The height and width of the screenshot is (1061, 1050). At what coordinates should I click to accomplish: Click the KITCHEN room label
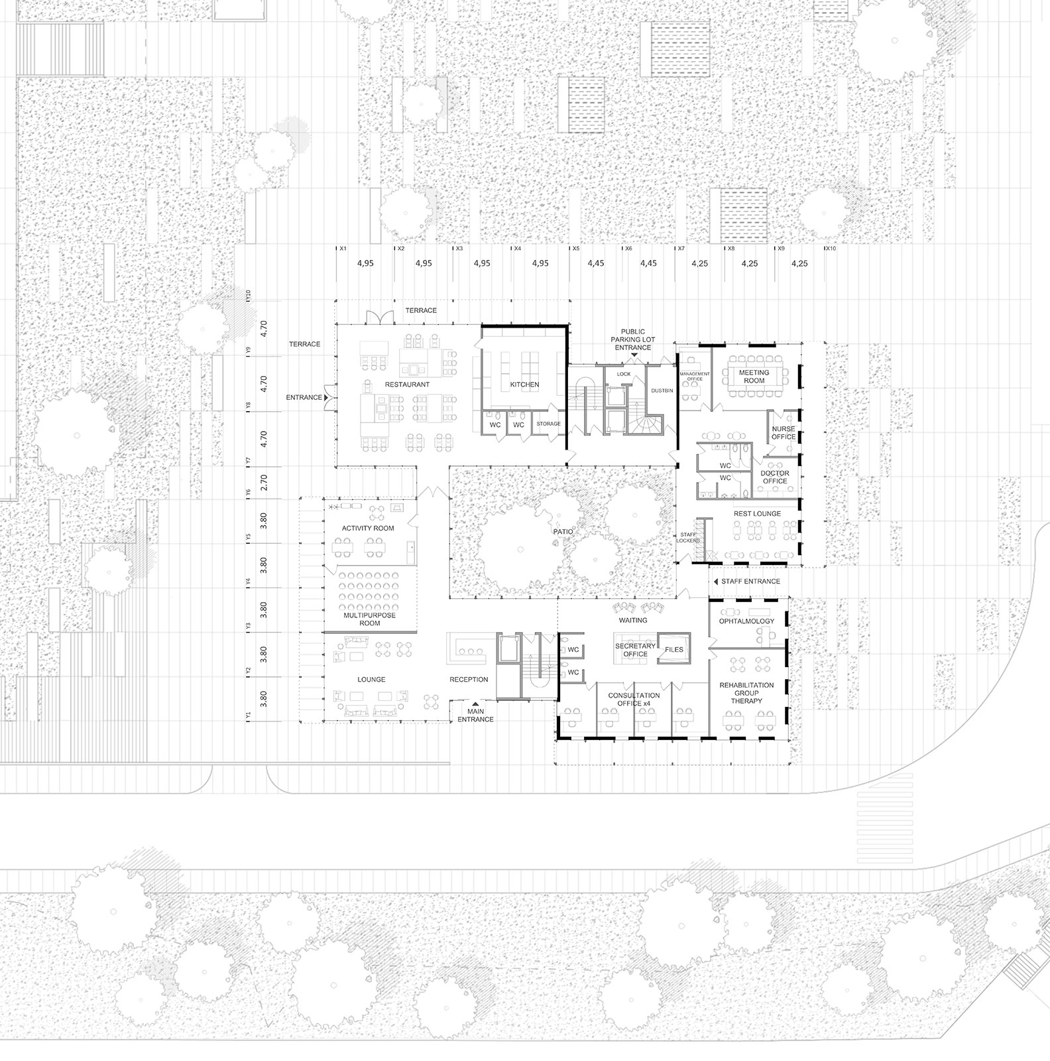(524, 385)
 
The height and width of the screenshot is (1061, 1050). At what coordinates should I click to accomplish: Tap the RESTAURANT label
(407, 385)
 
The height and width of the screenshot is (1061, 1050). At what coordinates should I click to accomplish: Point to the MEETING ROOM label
(754, 377)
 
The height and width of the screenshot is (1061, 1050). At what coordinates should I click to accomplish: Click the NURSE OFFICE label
(783, 433)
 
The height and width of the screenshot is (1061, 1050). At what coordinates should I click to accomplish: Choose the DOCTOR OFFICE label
(774, 477)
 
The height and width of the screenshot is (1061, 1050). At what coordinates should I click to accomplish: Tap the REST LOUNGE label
(757, 514)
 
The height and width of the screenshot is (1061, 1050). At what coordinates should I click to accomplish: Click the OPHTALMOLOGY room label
(746, 621)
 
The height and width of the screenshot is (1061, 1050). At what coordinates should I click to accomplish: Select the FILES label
(674, 650)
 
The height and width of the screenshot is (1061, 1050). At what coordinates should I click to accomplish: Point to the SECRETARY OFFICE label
(635, 650)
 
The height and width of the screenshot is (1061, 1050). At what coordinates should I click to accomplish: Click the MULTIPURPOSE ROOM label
(370, 619)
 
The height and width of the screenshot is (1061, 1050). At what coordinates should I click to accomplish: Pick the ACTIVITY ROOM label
(368, 529)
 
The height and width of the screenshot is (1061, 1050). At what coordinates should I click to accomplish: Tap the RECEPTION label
(469, 680)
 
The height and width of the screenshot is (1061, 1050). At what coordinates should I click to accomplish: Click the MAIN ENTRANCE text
(475, 716)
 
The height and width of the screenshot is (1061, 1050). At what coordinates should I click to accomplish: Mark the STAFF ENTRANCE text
(750, 582)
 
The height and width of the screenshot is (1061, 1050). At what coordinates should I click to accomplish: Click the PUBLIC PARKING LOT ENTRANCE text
(632, 340)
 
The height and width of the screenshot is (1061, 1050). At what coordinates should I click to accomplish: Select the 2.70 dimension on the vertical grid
(264, 482)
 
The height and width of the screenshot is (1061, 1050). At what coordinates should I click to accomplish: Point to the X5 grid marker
(576, 249)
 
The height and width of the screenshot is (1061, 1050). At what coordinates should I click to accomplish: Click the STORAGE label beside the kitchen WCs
(548, 424)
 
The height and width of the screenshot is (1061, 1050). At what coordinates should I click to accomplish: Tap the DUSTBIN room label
(662, 391)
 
